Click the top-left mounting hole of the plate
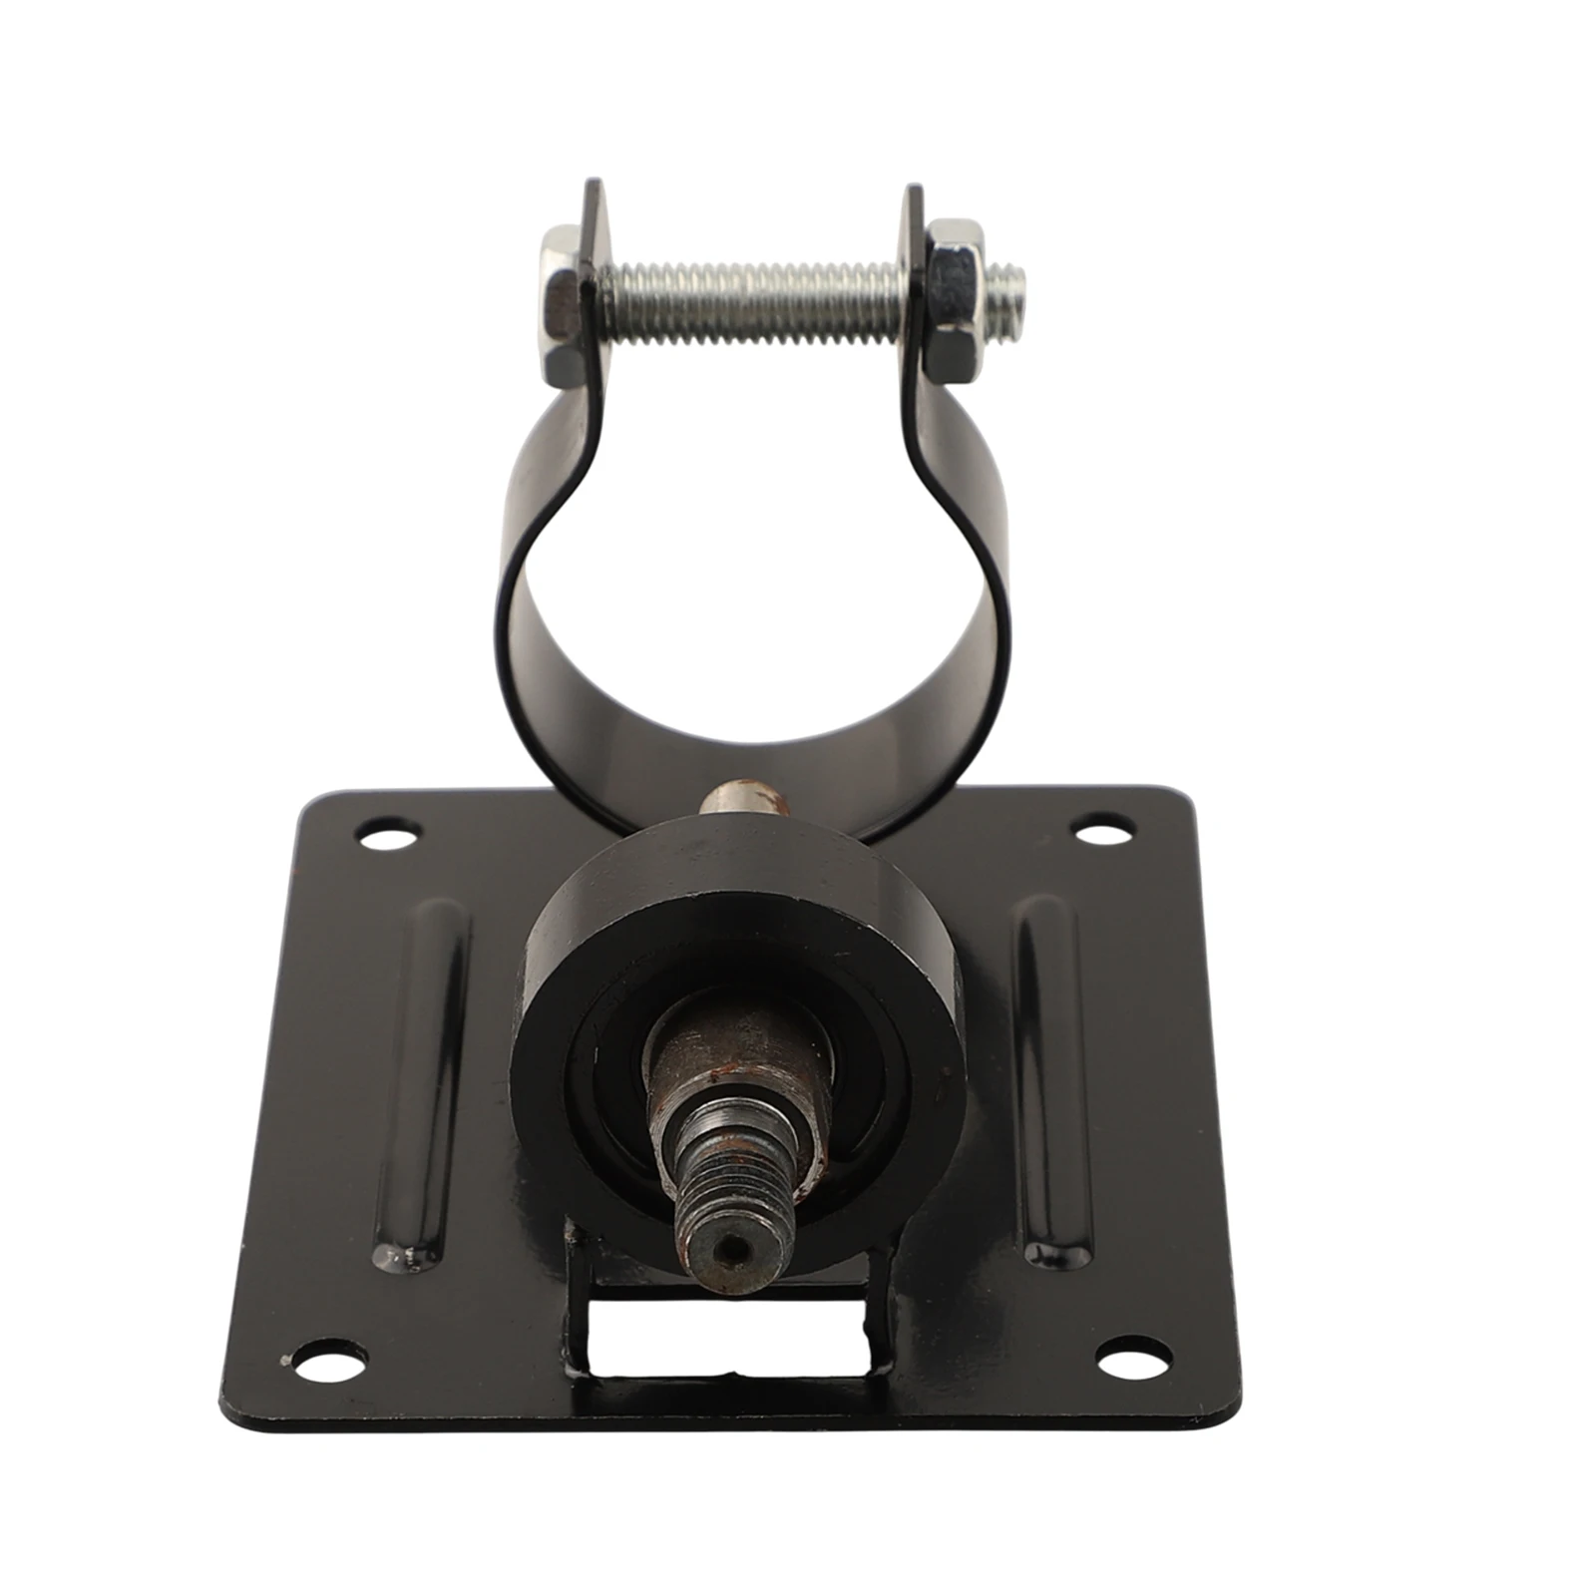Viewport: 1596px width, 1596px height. [390, 833]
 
